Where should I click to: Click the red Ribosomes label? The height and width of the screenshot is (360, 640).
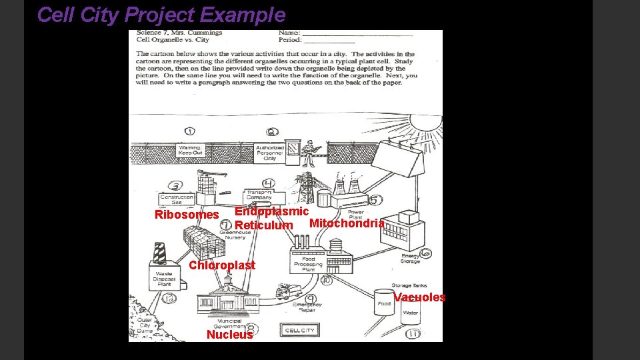coord(187,215)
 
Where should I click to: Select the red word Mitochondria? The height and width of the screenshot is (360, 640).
coord(347,223)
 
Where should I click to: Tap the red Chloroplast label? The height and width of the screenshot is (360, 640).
coord(222,265)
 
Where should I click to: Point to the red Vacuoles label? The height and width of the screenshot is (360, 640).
coord(419,297)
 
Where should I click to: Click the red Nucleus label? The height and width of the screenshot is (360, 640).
coord(230,335)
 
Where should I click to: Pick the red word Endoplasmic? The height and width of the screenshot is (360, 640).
coord(271,211)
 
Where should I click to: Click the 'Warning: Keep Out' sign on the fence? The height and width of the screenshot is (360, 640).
coord(190,150)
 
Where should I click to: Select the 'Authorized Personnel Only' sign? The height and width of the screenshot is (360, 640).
coord(270,153)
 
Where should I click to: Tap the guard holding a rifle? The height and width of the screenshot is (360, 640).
coord(309,152)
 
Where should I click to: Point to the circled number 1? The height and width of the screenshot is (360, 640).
coord(190,131)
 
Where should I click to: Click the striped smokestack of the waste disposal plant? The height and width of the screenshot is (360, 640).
coord(159,252)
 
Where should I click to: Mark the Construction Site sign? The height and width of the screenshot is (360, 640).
coord(177,199)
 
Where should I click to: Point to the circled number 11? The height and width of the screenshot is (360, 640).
coord(413,333)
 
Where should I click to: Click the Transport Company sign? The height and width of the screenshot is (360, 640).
coord(259,195)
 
